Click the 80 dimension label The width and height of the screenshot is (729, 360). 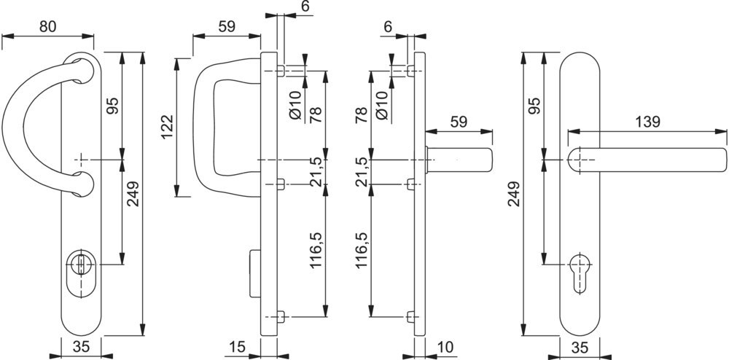47,27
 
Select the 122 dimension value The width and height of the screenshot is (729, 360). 166,128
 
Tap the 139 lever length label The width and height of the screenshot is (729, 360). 648,122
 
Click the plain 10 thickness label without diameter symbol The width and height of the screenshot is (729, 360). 446,348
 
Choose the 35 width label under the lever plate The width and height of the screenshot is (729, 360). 580,348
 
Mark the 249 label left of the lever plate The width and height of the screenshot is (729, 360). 515,195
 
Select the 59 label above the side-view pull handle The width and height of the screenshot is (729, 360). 227,27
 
